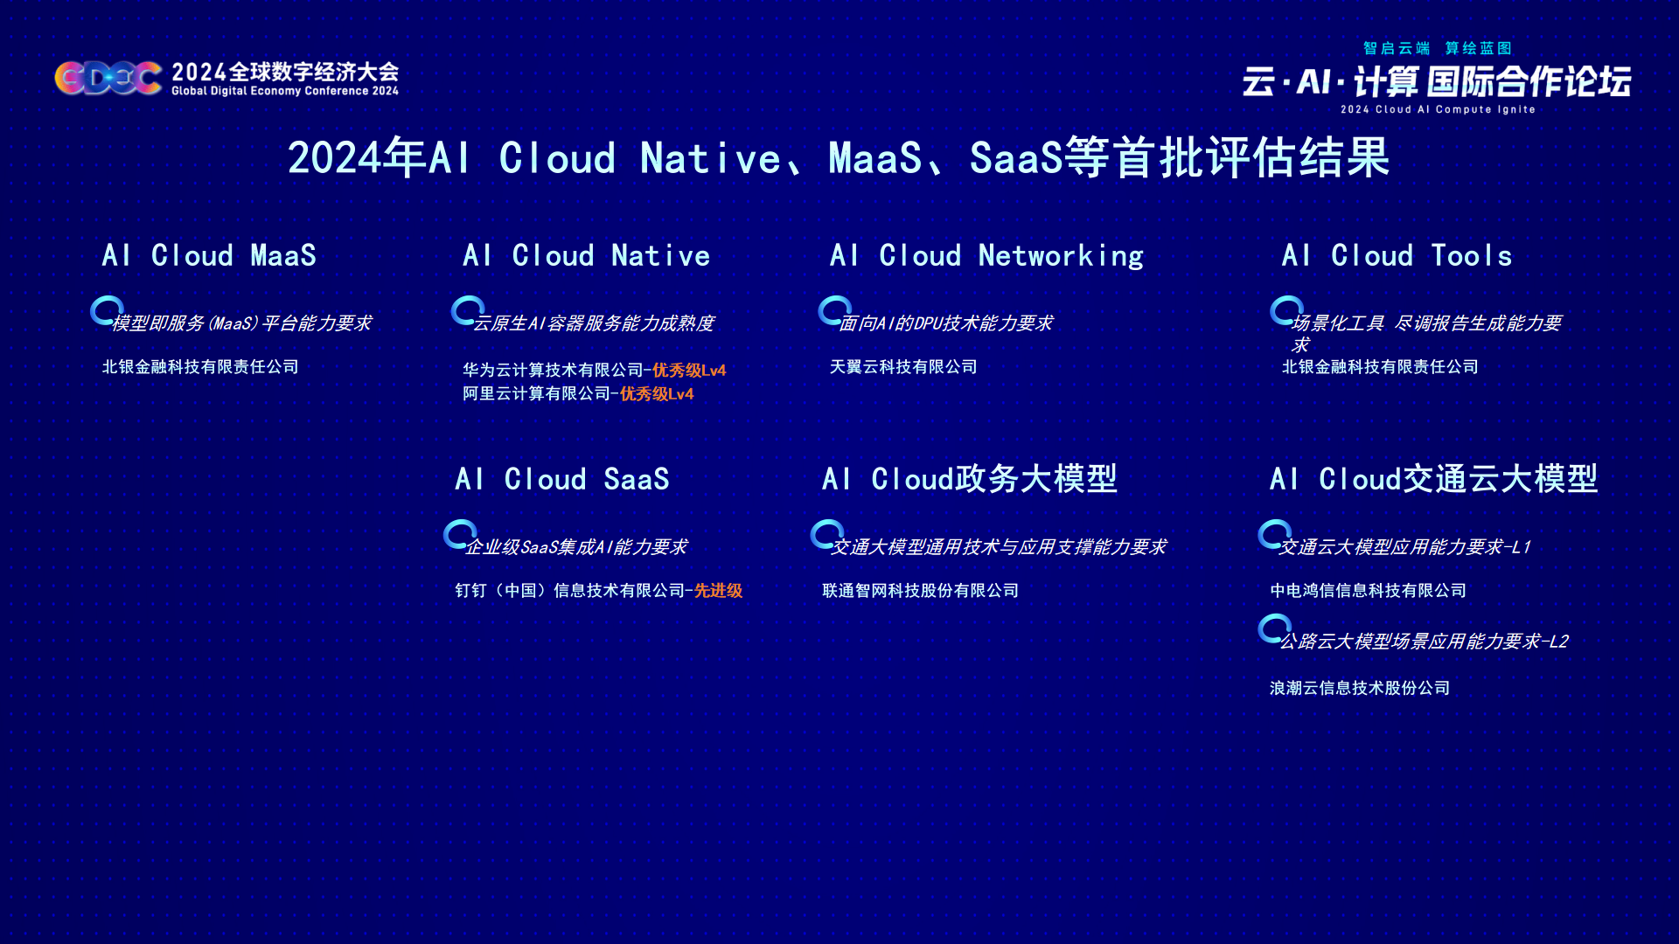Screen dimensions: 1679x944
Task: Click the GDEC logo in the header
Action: point(108,78)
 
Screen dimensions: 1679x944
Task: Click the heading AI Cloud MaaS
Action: point(209,255)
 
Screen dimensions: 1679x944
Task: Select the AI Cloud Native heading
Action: point(586,255)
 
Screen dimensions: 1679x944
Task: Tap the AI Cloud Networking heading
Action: point(986,255)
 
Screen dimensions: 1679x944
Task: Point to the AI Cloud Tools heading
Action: point(1397,255)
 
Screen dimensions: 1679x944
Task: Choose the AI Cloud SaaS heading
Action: point(562,479)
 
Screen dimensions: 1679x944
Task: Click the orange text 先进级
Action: point(718,591)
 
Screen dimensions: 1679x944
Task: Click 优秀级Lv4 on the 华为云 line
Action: point(689,371)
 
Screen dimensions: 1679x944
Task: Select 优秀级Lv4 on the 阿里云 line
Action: point(657,394)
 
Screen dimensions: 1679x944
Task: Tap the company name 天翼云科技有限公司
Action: point(903,367)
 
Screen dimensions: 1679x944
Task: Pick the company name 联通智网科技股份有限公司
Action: point(921,591)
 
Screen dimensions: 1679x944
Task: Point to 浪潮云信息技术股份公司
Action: point(1360,689)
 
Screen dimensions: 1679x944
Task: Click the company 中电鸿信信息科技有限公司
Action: point(1369,591)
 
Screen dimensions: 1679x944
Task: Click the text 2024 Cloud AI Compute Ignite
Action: point(1438,110)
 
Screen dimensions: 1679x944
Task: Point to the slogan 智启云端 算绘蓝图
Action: point(1438,48)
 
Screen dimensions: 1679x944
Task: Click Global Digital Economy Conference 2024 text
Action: point(285,91)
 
